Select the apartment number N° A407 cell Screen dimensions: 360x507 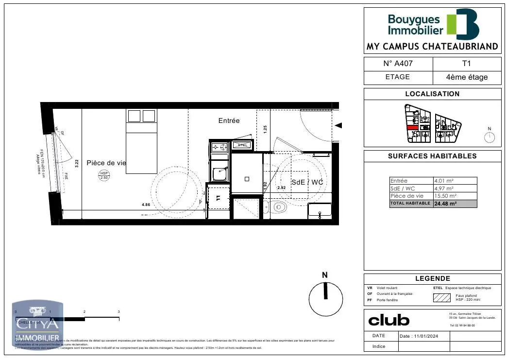point(398,64)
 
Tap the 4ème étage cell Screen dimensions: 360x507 point(467,77)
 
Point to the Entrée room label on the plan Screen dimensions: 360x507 point(229,120)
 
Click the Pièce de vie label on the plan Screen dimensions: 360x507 point(106,163)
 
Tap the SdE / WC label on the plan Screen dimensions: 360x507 point(307,182)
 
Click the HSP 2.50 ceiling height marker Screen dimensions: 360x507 point(104,175)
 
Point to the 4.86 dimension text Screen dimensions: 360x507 point(146,205)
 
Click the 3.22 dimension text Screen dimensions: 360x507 point(78,164)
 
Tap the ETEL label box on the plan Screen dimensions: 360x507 point(242,145)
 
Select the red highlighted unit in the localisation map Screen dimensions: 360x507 point(412,128)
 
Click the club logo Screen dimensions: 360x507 point(389,320)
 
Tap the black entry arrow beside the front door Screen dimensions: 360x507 point(339,125)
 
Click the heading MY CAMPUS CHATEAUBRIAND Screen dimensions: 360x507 point(432,47)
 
